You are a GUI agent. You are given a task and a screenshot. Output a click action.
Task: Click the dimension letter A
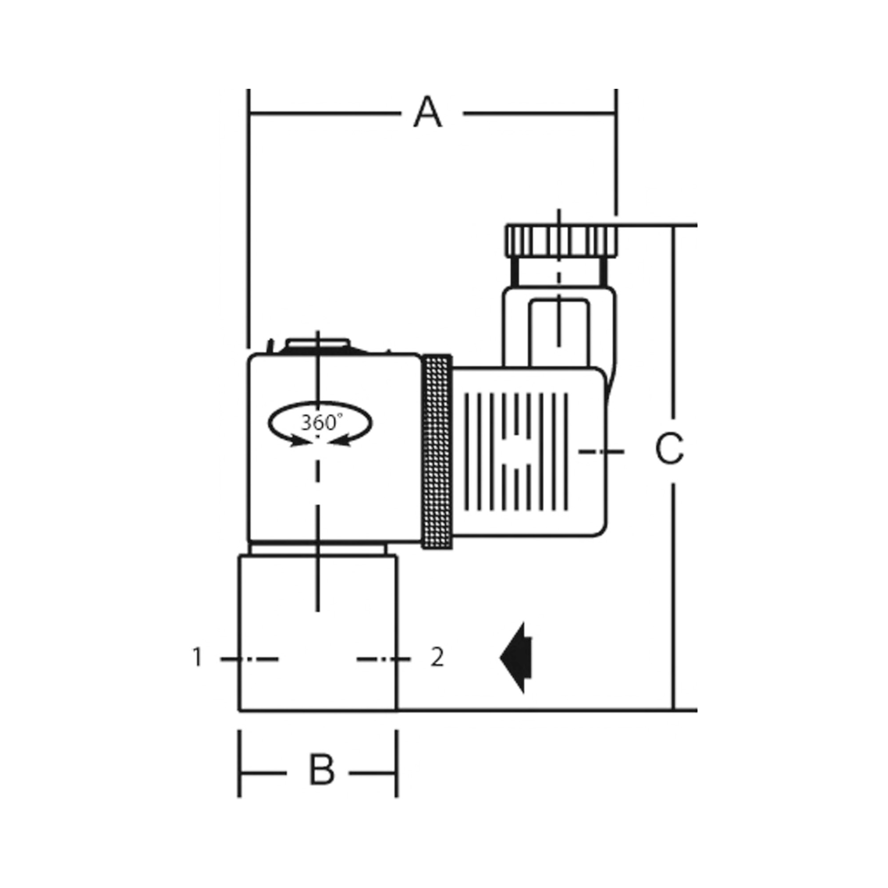(428, 112)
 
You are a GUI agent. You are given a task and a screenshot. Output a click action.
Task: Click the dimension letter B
(321, 770)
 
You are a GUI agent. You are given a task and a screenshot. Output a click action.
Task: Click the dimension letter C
(669, 448)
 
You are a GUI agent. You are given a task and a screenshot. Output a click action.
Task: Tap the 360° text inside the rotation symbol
(321, 422)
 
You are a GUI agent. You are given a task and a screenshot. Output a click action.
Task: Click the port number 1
(197, 658)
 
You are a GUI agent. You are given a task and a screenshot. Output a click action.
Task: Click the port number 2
(437, 658)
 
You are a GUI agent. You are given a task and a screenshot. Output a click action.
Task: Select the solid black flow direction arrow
(517, 658)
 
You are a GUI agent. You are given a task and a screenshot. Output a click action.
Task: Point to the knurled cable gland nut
(562, 241)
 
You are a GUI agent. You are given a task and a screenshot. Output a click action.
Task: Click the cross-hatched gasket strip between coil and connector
(436, 452)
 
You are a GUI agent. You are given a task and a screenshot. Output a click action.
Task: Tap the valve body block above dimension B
(317, 643)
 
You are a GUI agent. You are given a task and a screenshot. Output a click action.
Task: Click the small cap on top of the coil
(317, 344)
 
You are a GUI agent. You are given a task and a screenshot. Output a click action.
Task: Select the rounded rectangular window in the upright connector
(559, 331)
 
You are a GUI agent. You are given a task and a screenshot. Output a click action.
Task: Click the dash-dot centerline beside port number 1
(249, 659)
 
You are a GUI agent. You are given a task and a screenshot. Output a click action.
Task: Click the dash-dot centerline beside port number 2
(383, 659)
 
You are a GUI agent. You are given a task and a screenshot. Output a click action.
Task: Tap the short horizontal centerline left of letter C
(601, 452)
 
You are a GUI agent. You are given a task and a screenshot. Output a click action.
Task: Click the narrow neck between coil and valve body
(317, 550)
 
